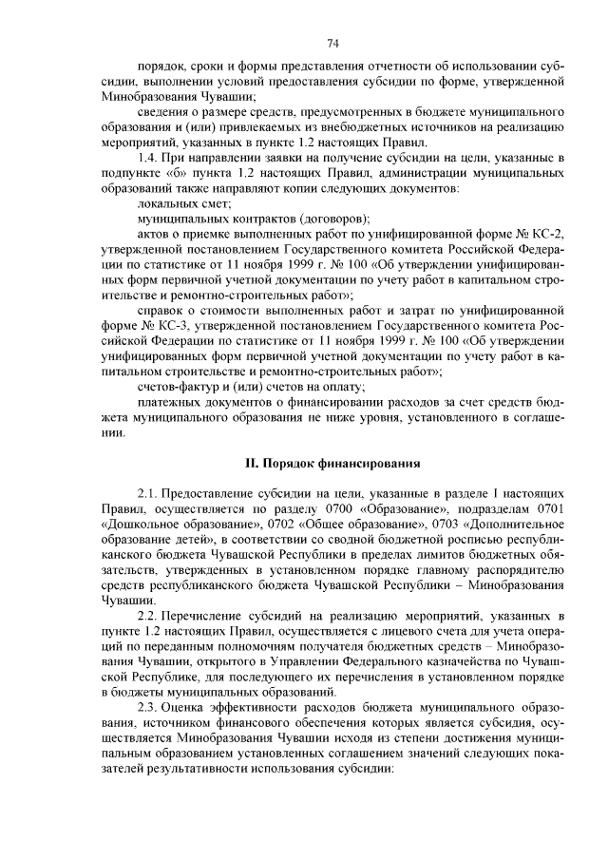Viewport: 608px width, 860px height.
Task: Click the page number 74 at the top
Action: point(333,43)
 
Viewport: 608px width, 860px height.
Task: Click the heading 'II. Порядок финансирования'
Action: point(332,463)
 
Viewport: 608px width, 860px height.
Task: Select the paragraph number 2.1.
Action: point(149,495)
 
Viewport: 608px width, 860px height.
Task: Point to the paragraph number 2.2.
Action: point(149,617)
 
